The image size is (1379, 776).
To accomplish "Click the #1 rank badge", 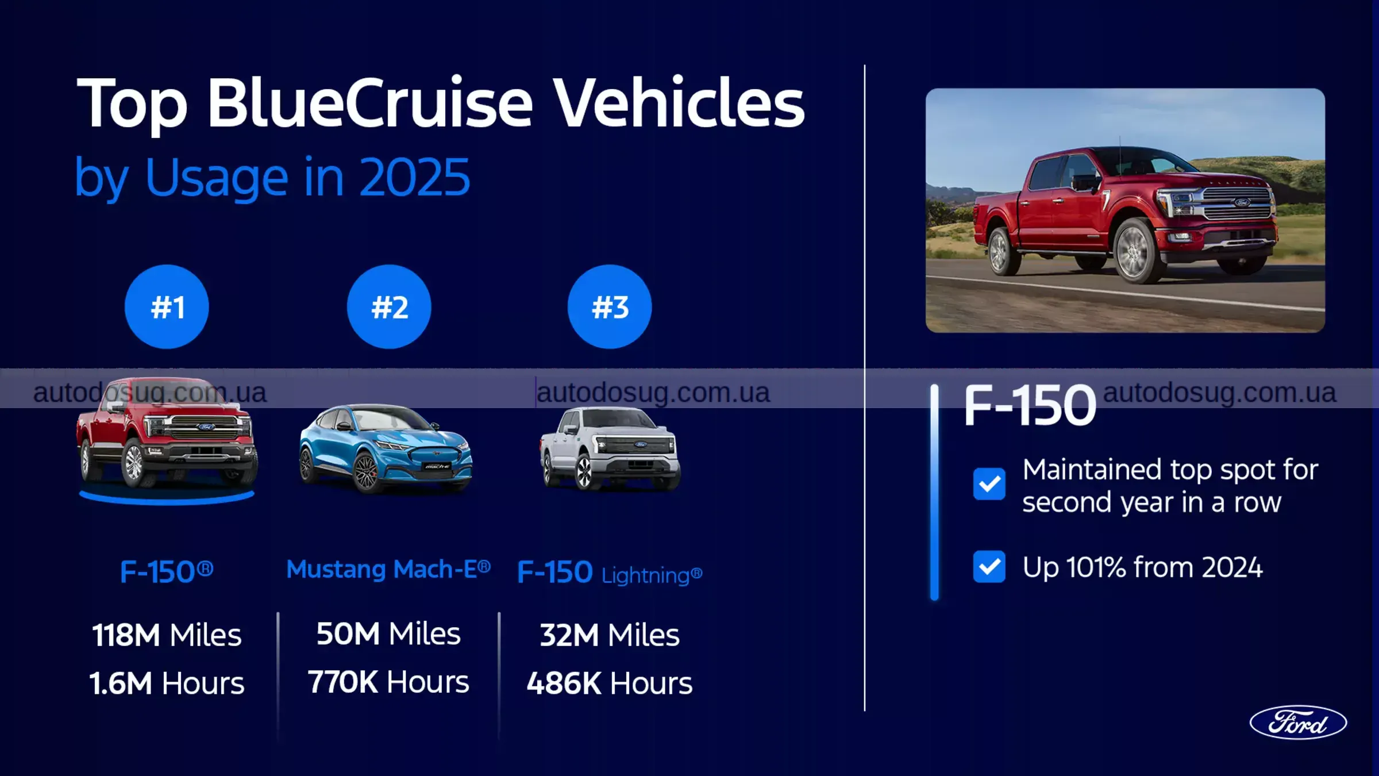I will [x=167, y=306].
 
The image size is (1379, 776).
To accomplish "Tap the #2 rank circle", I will [x=389, y=306].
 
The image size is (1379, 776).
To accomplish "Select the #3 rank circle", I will [x=610, y=306].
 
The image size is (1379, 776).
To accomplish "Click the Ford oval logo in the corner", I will [x=1298, y=723].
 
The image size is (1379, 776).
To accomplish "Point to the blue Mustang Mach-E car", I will [x=385, y=448].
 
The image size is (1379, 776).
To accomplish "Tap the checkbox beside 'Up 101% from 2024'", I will [x=989, y=567].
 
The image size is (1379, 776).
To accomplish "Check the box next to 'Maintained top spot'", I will [x=989, y=484].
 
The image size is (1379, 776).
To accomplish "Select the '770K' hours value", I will [x=342, y=682].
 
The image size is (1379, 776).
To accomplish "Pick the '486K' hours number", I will [x=564, y=683].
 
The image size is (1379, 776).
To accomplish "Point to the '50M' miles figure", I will [x=348, y=634].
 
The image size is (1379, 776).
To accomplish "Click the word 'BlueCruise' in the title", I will [x=370, y=103].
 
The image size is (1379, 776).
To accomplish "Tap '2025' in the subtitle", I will [x=415, y=178].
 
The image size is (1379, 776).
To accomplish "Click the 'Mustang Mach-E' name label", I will [x=388, y=570].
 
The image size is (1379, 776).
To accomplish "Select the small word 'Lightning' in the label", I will [x=646, y=575].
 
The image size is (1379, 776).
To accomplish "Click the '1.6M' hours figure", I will [x=121, y=683].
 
